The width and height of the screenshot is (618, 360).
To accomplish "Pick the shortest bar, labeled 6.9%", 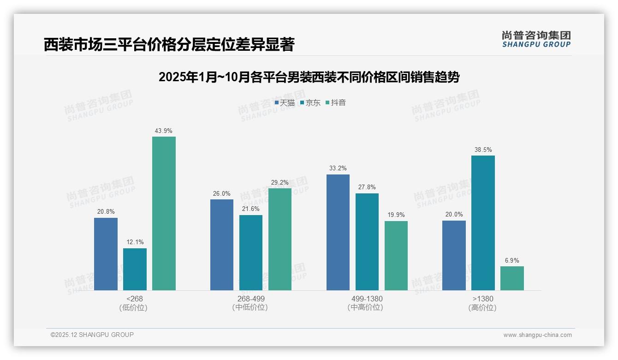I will pyautogui.click(x=512, y=278).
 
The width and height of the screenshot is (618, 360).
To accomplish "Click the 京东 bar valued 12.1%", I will pyautogui.click(x=135, y=269).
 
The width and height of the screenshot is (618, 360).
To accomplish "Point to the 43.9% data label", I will pyautogui.click(x=164, y=131).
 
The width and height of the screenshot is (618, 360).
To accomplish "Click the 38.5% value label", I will pyautogui.click(x=483, y=150).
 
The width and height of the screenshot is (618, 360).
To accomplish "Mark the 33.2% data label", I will pyautogui.click(x=338, y=168).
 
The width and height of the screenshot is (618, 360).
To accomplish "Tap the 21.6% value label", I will pyautogui.click(x=251, y=209).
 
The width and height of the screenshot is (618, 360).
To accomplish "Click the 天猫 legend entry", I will pyautogui.click(x=285, y=103).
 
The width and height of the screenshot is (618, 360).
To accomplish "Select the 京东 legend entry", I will pyautogui.click(x=310, y=103).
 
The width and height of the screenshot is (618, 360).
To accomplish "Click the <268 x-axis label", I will pyautogui.click(x=135, y=299).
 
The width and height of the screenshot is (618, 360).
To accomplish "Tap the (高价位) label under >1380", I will pyautogui.click(x=482, y=308).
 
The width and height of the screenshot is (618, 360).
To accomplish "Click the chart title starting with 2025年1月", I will pyautogui.click(x=309, y=77).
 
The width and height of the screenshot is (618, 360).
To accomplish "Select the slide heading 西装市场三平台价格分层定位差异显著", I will pyautogui.click(x=169, y=45).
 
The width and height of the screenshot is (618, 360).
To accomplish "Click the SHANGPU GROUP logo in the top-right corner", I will pyautogui.click(x=536, y=39).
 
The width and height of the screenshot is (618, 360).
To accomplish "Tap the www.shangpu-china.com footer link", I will pyautogui.click(x=537, y=335).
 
